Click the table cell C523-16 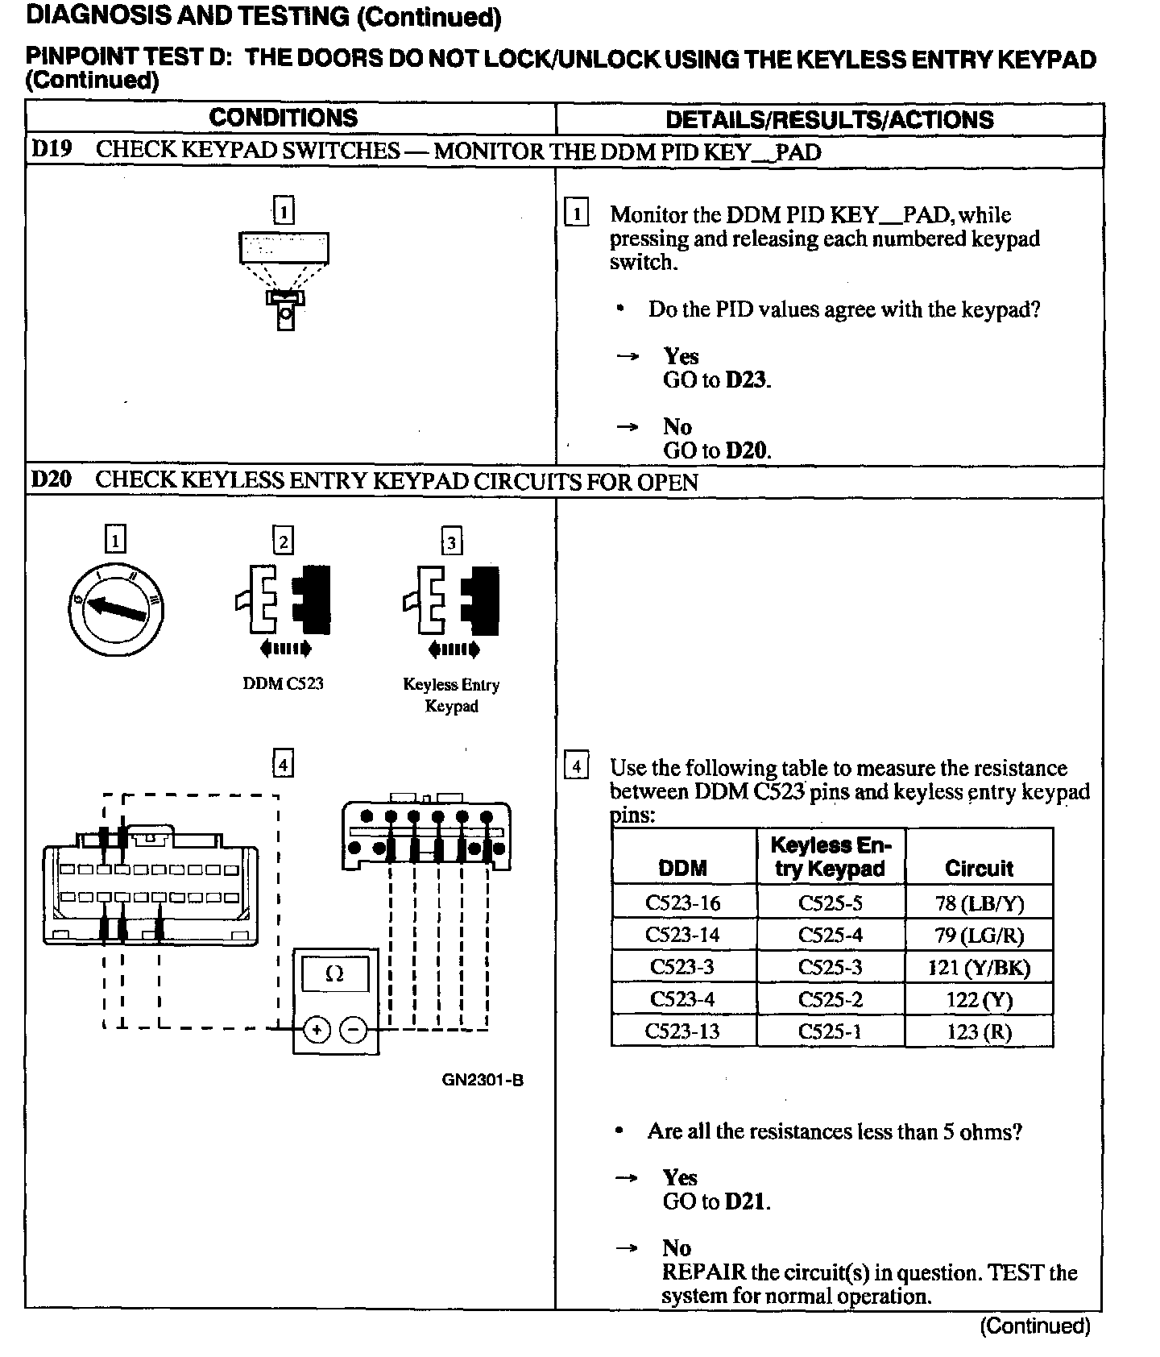(x=683, y=903)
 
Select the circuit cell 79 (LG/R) (x=979, y=936)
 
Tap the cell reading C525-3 (x=830, y=968)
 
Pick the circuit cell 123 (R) (x=979, y=1032)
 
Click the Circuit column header (x=979, y=868)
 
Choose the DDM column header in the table (x=683, y=868)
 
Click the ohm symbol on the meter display (x=334, y=974)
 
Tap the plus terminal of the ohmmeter (x=317, y=1030)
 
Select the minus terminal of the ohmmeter (x=353, y=1030)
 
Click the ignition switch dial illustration (x=116, y=608)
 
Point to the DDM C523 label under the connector (x=283, y=683)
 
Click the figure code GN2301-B (x=483, y=1080)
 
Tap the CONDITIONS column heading (x=283, y=118)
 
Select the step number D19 (x=51, y=150)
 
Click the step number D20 (x=51, y=480)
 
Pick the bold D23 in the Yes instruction (x=747, y=380)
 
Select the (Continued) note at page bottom (x=1034, y=1326)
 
